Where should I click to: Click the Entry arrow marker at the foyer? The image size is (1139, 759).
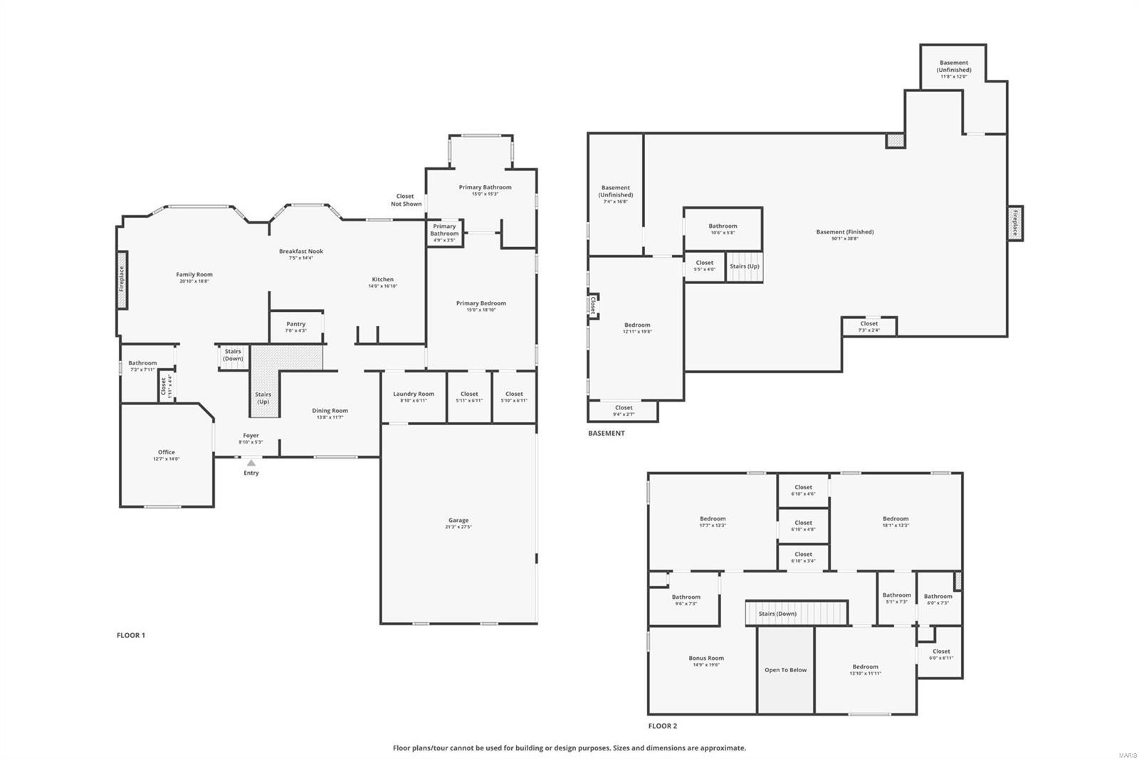(x=251, y=463)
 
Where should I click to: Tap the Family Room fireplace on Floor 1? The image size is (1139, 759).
(x=122, y=279)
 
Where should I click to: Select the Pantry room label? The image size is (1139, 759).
(x=295, y=325)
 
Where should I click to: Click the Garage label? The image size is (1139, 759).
(x=458, y=520)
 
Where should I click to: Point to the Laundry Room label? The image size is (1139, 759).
(x=414, y=394)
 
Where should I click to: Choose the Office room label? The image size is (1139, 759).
(x=166, y=452)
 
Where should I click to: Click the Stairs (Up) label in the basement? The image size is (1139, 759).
(x=745, y=266)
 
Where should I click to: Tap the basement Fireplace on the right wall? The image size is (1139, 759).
(x=1015, y=223)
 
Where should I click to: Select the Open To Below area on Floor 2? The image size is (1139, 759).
(x=786, y=670)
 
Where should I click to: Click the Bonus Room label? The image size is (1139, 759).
(x=706, y=659)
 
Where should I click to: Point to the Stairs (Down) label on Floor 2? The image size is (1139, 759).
(x=777, y=614)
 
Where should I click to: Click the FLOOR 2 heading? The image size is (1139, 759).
(x=663, y=726)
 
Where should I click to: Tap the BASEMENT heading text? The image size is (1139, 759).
(x=607, y=433)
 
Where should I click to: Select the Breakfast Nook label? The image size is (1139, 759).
(x=301, y=251)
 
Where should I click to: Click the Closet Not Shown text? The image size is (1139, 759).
(x=406, y=200)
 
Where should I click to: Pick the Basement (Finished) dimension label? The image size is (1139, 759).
(x=845, y=239)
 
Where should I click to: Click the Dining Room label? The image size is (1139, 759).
(x=330, y=411)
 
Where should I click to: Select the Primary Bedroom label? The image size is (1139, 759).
(x=481, y=303)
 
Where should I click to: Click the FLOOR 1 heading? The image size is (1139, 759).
(x=131, y=635)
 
